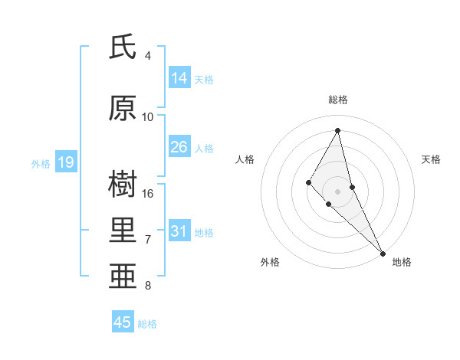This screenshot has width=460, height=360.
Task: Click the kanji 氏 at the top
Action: pyautogui.click(x=123, y=47)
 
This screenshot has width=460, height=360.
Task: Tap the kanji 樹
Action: pyautogui.click(x=123, y=185)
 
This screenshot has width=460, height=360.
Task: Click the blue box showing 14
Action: pyautogui.click(x=179, y=78)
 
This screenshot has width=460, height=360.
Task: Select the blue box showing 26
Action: pyautogui.click(x=179, y=147)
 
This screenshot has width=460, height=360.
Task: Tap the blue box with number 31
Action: pyautogui.click(x=179, y=231)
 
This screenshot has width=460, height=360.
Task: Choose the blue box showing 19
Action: pyautogui.click(x=65, y=162)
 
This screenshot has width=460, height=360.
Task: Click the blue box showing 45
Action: pyautogui.click(x=123, y=322)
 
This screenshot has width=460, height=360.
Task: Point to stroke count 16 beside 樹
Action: pyautogui.click(x=148, y=193)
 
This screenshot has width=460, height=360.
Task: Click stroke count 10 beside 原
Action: pyautogui.click(x=148, y=116)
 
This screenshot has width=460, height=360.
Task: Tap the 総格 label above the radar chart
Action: pyautogui.click(x=338, y=100)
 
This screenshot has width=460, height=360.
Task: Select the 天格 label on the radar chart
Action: pyautogui.click(x=432, y=159)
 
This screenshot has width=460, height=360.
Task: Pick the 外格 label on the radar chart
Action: pyautogui.click(x=270, y=262)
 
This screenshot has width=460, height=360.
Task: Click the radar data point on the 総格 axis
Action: pyautogui.click(x=338, y=130)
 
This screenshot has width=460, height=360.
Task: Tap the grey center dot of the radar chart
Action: pyautogui.click(x=338, y=191)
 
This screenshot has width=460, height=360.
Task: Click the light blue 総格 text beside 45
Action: pyautogui.click(x=147, y=324)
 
